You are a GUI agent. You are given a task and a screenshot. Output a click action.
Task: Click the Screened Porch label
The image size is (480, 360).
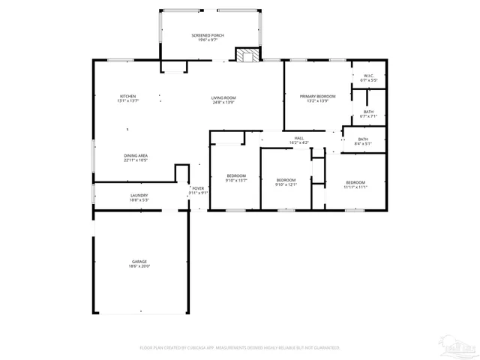coord(207,35)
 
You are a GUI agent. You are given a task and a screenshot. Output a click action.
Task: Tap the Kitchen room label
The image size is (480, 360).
coord(128,96)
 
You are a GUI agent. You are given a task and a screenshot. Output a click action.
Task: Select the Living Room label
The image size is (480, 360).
coord(223,98)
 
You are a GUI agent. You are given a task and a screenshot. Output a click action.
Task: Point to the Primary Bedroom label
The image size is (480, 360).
coord(317,96)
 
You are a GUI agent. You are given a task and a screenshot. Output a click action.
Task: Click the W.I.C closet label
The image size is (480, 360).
coord(368,76)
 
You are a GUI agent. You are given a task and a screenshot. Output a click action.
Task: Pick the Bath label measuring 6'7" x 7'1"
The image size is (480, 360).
coord(368,112)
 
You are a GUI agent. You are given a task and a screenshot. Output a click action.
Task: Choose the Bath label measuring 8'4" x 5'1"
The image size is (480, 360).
coord(363,139)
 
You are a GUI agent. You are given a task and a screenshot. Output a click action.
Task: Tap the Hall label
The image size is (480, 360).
coord(298,138)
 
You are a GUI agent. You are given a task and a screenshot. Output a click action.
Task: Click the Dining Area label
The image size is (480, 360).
coord(136,155)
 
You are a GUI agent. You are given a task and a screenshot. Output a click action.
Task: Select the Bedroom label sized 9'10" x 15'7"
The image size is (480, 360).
coord(236,175)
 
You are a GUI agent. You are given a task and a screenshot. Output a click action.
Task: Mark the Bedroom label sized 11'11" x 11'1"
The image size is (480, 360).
coord(355,182)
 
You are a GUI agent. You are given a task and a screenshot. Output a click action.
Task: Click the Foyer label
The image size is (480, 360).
coord(198,188)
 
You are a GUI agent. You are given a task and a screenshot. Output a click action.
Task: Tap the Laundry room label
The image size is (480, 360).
coord(139,196)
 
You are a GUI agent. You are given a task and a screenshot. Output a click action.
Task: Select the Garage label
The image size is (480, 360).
coord(139,261)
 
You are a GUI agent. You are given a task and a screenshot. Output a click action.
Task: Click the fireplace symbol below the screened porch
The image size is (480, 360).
coord(247,55)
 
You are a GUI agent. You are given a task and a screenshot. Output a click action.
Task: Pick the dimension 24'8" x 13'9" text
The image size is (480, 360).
coord(223,102)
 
